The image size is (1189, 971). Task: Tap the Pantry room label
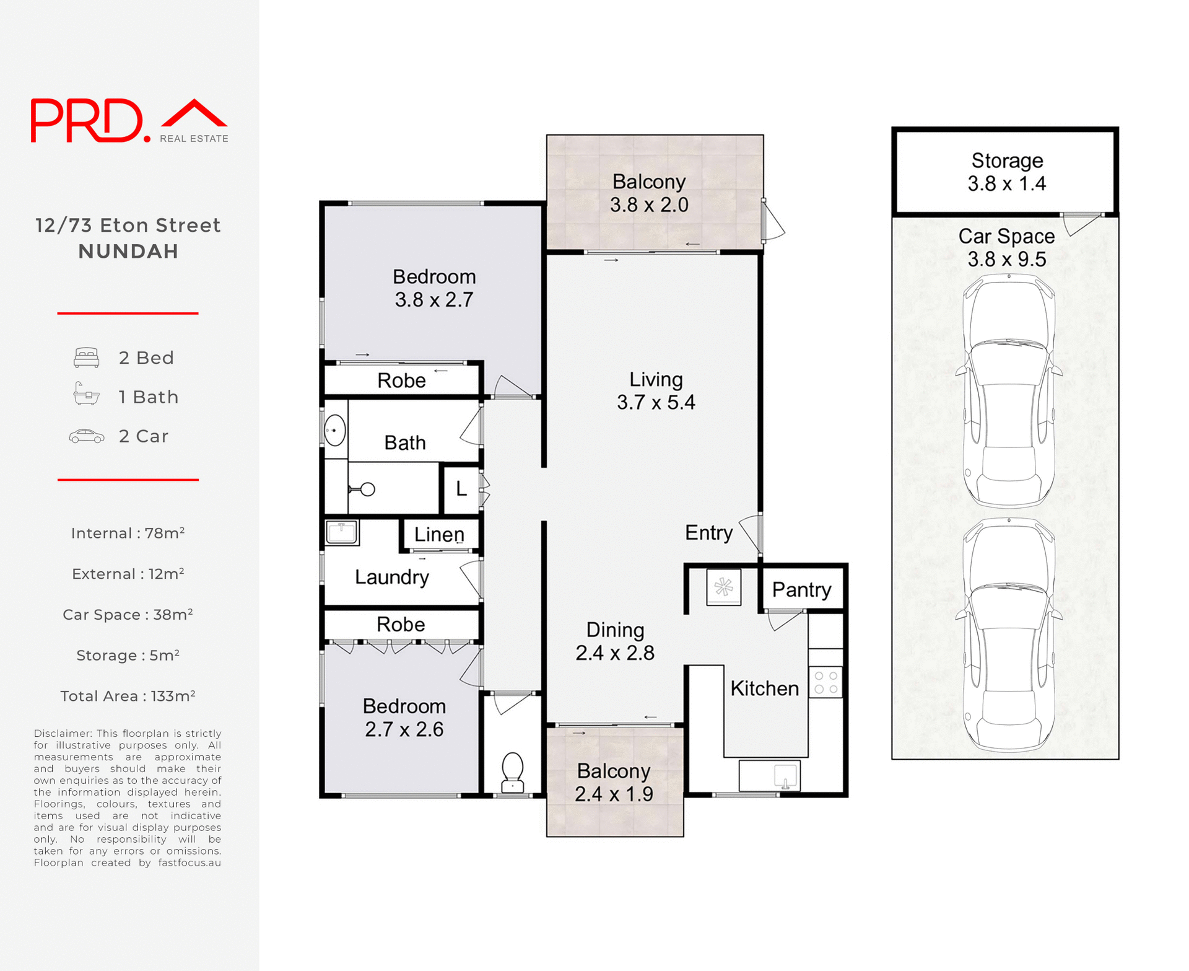801,589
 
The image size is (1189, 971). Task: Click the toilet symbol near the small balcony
513,773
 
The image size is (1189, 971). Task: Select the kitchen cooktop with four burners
825,682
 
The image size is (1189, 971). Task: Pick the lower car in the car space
1008,635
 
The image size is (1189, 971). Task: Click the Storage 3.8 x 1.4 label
1006,172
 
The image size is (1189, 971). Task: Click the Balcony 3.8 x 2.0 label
648,193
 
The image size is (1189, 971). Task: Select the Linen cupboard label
438,534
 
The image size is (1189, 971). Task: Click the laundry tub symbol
341,532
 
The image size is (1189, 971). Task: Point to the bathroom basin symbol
335,429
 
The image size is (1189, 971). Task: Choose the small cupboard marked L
461,489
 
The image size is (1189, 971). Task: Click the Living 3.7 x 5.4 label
655,390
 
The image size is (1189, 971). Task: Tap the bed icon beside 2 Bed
86,358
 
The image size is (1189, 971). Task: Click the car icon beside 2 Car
86,436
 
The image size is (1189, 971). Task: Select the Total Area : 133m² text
128,696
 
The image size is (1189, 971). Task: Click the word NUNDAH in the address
128,251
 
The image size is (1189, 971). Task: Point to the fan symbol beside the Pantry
723,586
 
